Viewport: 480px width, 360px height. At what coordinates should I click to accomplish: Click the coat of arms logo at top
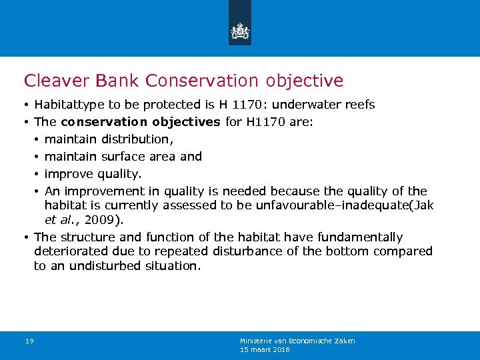(240, 31)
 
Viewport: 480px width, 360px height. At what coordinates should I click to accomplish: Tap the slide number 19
(29, 341)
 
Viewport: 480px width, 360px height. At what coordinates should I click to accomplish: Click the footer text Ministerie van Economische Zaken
(297, 341)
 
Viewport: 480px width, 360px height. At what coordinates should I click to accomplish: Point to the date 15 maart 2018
(265, 349)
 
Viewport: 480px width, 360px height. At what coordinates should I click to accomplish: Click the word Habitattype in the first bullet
(67, 105)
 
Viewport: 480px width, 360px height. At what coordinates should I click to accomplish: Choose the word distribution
(137, 139)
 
